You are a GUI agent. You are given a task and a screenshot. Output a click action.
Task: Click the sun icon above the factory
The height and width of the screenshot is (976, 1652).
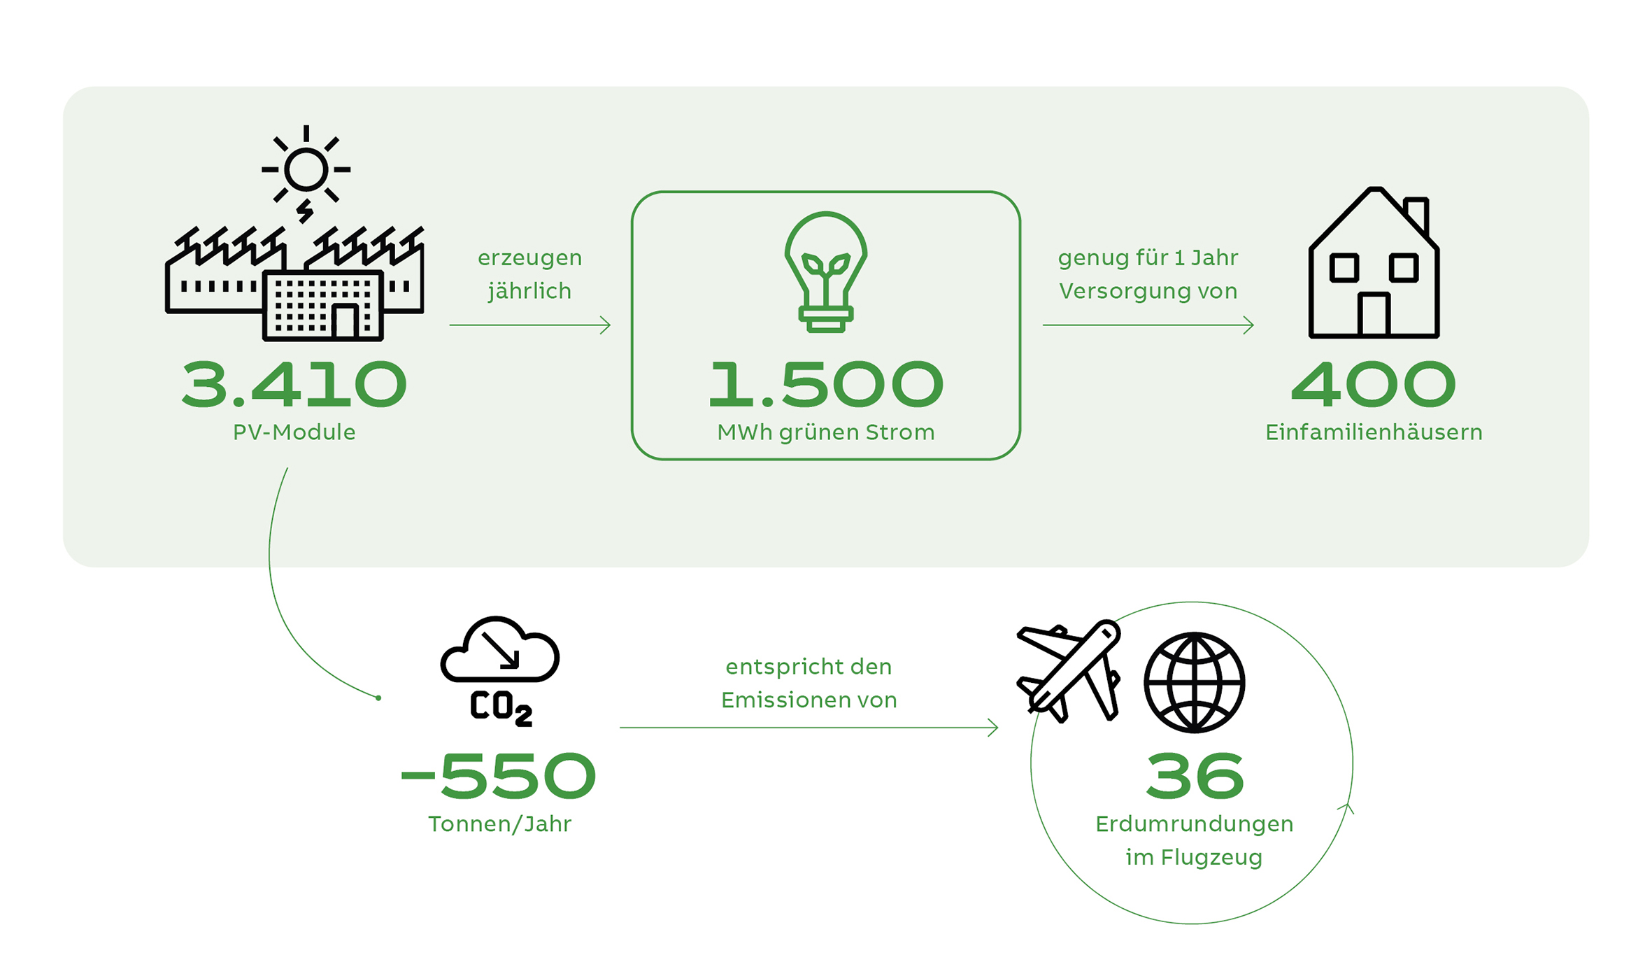click(x=306, y=169)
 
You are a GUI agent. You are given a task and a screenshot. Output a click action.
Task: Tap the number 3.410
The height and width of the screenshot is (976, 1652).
click(x=294, y=384)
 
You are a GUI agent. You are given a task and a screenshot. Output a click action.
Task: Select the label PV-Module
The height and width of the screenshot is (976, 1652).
click(x=294, y=432)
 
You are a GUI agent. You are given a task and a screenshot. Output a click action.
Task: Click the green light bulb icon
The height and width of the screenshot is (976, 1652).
click(x=825, y=271)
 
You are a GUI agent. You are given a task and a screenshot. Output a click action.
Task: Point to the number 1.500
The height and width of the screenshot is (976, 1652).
click(x=825, y=384)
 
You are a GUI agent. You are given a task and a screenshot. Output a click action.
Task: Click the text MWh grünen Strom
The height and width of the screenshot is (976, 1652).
click(x=825, y=432)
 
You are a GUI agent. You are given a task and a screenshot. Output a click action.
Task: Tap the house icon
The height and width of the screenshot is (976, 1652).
click(x=1373, y=266)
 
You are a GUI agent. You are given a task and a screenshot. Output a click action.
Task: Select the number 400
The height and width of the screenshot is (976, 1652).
click(x=1373, y=384)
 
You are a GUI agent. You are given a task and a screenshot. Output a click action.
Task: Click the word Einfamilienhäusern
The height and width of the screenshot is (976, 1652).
click(x=1373, y=432)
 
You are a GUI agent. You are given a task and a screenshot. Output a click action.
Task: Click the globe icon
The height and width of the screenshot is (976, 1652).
click(x=1194, y=682)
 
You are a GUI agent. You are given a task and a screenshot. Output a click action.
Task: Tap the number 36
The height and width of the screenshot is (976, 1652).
click(x=1195, y=776)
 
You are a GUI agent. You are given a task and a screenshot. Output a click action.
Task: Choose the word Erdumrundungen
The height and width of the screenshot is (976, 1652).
click(x=1194, y=824)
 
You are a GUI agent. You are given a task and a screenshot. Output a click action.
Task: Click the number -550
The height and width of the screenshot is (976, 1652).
click(x=498, y=776)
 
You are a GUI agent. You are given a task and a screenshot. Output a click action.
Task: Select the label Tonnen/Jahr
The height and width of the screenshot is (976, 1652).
click(x=499, y=824)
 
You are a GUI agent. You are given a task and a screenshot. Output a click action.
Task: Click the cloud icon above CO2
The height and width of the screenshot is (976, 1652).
click(x=499, y=651)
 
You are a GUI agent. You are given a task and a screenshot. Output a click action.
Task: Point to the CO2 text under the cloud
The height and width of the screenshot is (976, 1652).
click(x=501, y=707)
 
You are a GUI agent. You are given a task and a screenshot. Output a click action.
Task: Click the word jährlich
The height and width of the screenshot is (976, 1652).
click(x=529, y=291)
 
